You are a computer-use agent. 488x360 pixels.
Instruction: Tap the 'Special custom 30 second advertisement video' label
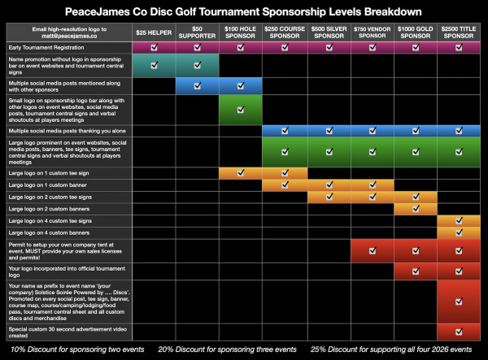click(57, 332)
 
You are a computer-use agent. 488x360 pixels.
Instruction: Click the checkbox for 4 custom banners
click(459, 232)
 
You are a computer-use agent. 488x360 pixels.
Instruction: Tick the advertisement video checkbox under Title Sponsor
click(459, 332)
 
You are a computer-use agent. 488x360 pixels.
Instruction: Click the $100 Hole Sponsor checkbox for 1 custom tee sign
click(240, 172)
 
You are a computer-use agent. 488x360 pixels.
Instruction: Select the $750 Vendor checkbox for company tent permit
click(371, 249)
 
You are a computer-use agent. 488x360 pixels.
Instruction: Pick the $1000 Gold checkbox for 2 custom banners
click(416, 208)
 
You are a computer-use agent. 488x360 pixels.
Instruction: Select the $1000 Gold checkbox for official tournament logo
click(416, 271)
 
